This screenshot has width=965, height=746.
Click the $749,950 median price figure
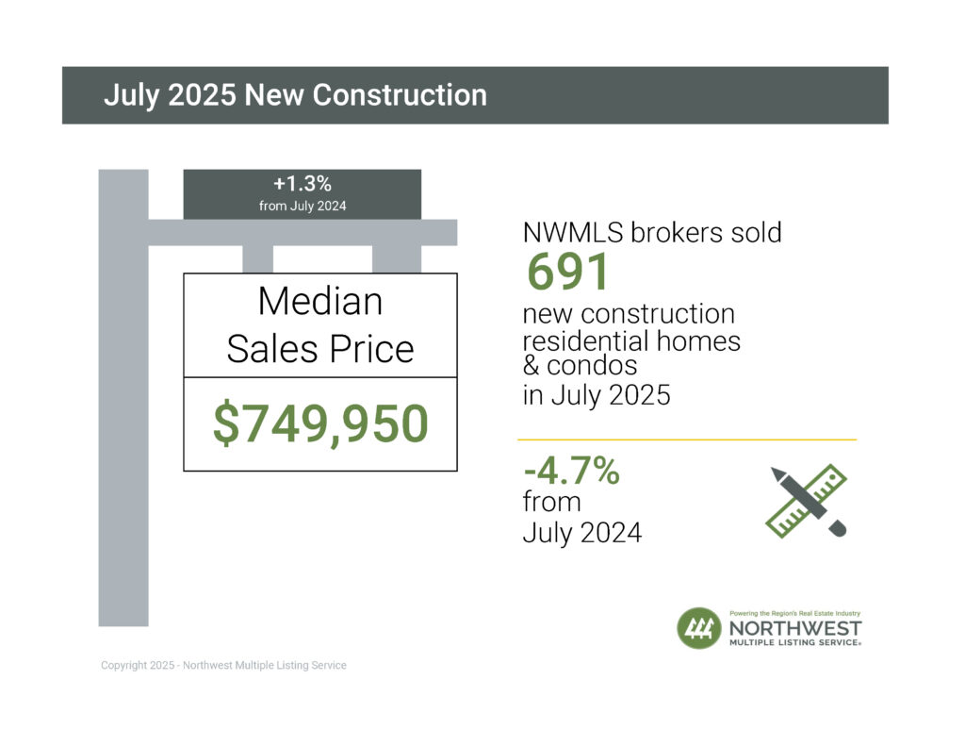(x=320, y=423)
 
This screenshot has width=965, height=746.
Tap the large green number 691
(x=568, y=273)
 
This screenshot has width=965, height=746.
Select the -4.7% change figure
(x=571, y=471)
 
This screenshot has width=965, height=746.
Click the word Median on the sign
(x=320, y=302)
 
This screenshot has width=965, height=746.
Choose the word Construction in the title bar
(x=400, y=95)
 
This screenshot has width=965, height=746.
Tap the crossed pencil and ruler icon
(x=806, y=502)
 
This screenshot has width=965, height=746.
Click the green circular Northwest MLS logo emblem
(x=698, y=628)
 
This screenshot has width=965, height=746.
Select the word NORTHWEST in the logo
(x=795, y=629)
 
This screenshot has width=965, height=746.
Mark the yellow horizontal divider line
(x=687, y=439)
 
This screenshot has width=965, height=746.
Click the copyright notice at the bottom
(x=223, y=666)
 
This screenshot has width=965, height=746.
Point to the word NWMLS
(x=567, y=232)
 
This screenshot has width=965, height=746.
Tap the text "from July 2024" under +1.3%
(x=302, y=207)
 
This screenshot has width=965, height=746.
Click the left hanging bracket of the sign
(x=258, y=259)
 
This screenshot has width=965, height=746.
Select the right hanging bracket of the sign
(x=397, y=259)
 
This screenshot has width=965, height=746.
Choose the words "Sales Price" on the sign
(x=320, y=349)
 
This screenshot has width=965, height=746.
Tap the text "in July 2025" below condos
(x=597, y=394)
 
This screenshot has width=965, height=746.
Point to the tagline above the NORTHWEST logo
(x=795, y=613)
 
